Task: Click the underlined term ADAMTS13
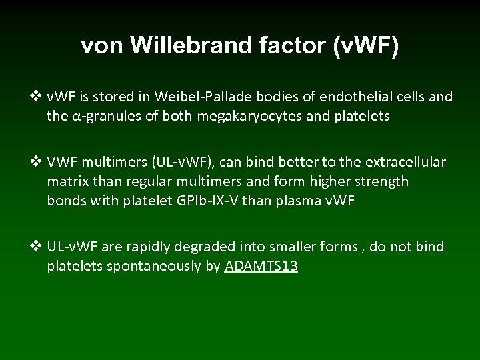click(261, 267)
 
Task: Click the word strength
click(379, 181)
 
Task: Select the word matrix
click(69, 181)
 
